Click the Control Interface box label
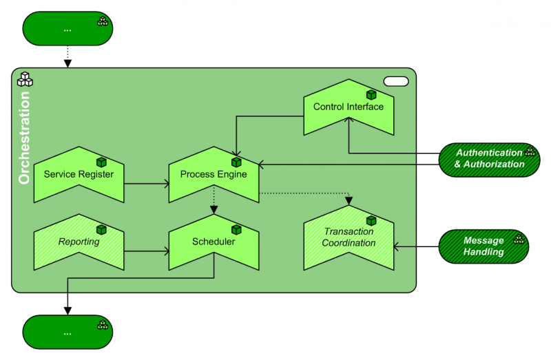(348, 107)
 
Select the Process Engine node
(214, 174)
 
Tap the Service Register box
(79, 174)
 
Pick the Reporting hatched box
(79, 242)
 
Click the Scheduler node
(214, 242)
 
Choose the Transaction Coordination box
(349, 237)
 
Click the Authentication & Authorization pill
(489, 158)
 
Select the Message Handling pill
(484, 246)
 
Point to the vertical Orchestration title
(24, 138)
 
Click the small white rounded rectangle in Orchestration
(396, 81)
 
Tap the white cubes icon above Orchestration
(25, 79)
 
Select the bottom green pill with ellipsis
(67, 332)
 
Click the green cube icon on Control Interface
(371, 95)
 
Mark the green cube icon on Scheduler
(236, 230)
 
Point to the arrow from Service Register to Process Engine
(146, 184)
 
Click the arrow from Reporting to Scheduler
(146, 251)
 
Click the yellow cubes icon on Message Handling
(519, 240)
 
